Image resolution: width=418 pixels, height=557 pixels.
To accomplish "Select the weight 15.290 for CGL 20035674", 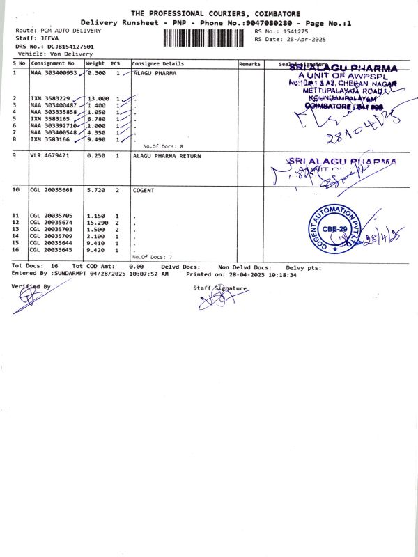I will (x=98, y=222).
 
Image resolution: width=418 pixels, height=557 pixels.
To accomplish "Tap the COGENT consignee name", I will (x=144, y=189).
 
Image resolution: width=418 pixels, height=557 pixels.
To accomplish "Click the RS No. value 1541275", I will (x=293, y=31).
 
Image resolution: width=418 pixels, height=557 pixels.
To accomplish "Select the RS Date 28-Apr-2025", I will (x=302, y=39).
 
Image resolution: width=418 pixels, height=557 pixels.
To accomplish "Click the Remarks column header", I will (x=249, y=64).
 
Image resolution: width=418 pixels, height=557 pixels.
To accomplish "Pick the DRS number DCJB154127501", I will (x=70, y=47).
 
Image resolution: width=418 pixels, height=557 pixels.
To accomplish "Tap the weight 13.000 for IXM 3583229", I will (x=98, y=98).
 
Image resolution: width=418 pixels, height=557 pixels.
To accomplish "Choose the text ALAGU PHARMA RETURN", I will (x=165, y=155).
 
